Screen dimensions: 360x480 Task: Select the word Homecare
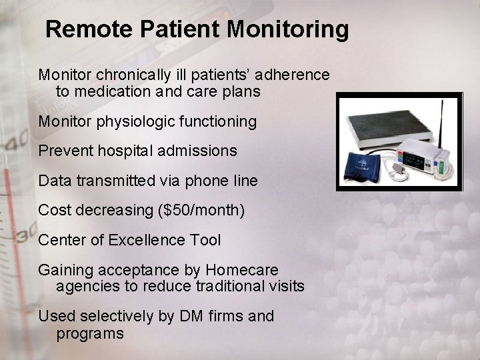point(242,270)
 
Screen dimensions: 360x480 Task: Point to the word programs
point(90,333)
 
